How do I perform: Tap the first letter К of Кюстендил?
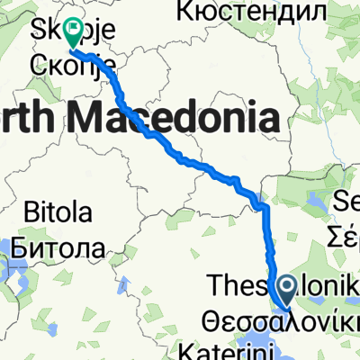click(186, 12)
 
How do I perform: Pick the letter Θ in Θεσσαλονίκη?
click(213, 317)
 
